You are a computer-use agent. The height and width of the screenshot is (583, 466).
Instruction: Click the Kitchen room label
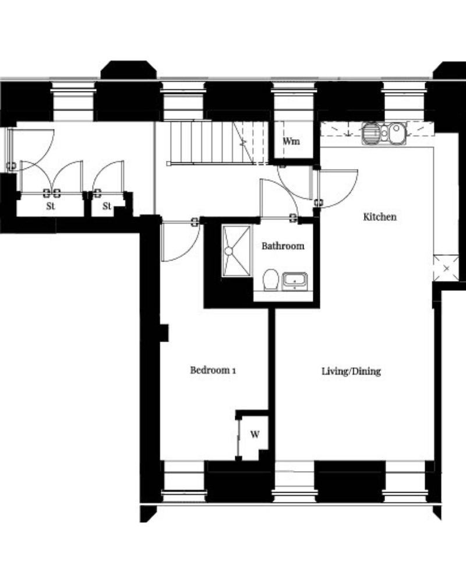[380, 217]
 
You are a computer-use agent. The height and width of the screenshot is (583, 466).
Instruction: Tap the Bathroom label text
[283, 246]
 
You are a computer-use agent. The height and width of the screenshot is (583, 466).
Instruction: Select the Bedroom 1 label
[213, 370]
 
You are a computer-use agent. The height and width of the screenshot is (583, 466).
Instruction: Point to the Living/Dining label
[351, 371]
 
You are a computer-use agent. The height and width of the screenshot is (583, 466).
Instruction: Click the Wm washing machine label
[291, 141]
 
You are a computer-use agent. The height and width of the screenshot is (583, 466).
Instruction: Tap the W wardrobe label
[255, 434]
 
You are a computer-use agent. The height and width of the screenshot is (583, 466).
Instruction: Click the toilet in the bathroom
[271, 280]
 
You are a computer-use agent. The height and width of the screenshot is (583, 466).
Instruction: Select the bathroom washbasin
[295, 282]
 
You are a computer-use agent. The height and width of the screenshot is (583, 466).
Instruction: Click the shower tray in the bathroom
[236, 251]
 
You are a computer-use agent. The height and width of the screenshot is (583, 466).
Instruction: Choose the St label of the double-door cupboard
[51, 206]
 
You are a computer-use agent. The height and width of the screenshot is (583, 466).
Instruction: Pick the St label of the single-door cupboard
[107, 206]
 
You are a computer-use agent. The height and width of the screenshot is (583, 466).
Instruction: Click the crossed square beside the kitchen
[446, 268]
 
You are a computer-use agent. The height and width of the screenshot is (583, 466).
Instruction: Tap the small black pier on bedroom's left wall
[164, 333]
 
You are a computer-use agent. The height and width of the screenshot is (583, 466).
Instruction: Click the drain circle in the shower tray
[228, 251]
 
